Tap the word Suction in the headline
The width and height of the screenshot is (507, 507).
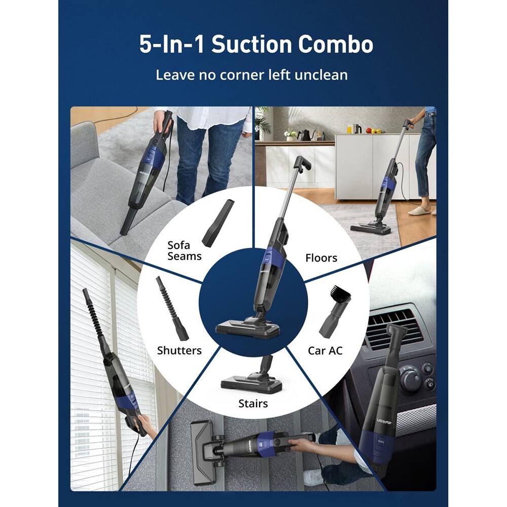(250, 45)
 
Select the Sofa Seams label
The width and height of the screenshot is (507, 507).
(184, 250)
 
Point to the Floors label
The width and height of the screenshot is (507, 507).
(321, 258)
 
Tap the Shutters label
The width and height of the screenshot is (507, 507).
(179, 350)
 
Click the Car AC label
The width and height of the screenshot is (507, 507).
(325, 350)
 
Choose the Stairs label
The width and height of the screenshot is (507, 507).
(253, 404)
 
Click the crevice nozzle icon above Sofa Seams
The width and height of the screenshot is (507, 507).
(217, 223)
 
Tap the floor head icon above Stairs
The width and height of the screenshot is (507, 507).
(252, 380)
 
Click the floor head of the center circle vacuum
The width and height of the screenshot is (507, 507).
(247, 328)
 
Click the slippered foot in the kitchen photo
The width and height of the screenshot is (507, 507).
(419, 210)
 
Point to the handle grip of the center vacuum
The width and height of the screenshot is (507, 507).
(301, 164)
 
